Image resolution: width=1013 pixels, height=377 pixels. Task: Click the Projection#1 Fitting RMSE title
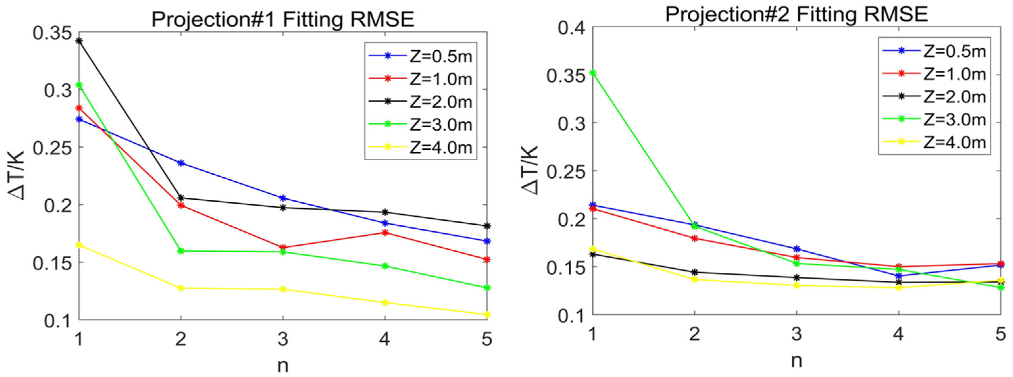click(x=283, y=18)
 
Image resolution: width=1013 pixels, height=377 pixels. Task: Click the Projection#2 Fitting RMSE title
click(x=796, y=15)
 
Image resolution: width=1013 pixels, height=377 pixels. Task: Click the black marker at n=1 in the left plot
click(x=79, y=41)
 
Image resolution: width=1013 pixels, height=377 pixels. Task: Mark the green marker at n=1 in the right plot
click(x=593, y=73)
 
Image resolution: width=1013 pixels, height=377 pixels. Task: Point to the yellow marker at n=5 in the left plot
click(x=487, y=314)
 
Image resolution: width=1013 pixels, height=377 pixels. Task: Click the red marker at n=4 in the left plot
click(x=385, y=233)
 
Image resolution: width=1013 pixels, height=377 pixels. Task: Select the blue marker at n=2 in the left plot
click(x=181, y=163)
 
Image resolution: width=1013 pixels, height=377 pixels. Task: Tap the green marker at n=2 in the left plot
click(x=181, y=251)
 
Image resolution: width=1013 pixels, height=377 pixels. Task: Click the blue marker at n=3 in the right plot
click(x=797, y=249)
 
